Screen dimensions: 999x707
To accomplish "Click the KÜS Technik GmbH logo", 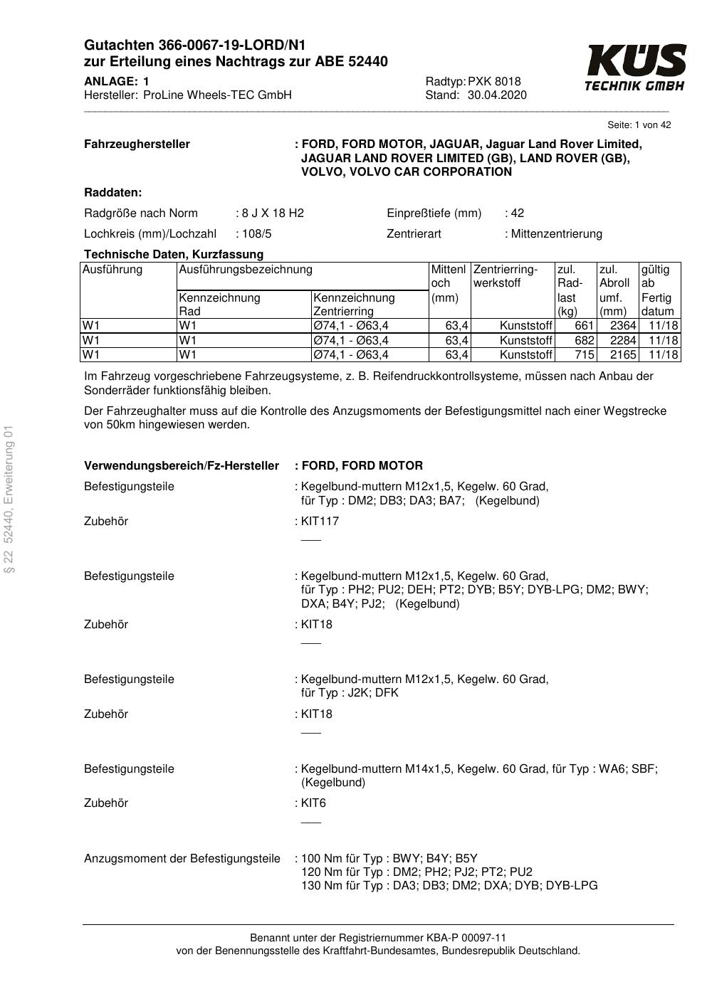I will [635, 68].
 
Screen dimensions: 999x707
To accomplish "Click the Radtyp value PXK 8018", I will [494, 81].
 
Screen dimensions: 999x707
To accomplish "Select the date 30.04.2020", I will [497, 95].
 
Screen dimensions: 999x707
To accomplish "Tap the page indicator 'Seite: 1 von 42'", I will [639, 125].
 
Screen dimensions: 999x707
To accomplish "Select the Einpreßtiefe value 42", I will [517, 213].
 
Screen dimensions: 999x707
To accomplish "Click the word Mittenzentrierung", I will [557, 233].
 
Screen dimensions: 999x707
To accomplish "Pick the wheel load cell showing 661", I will [584, 325].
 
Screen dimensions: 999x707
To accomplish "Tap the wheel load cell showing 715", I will [584, 354].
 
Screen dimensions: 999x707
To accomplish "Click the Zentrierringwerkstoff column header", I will [505, 276].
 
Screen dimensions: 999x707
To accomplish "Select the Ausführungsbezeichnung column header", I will [246, 270].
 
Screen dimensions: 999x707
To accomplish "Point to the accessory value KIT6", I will [313, 803].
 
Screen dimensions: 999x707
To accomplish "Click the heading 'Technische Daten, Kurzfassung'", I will [174, 254].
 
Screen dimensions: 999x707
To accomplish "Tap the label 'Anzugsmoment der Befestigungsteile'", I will [182, 858].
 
